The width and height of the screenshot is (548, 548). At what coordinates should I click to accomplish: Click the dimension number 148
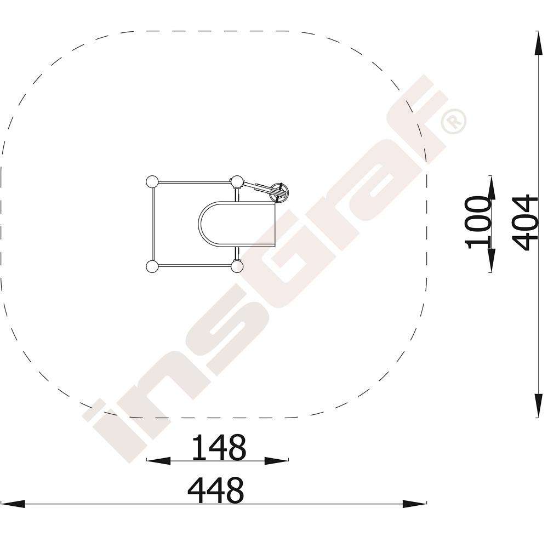tap(219, 447)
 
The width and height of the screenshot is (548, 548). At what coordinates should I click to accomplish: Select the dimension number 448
tap(215, 490)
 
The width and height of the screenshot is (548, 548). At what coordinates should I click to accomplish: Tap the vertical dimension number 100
tap(477, 223)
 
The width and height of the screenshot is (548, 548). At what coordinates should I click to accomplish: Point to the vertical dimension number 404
tap(525, 223)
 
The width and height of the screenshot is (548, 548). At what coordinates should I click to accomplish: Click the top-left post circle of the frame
tap(152, 182)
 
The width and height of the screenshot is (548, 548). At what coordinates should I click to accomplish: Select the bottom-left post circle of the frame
tap(152, 267)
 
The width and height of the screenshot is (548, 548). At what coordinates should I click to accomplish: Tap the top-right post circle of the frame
tap(237, 182)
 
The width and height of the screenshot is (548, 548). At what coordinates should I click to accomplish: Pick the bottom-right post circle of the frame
tap(237, 267)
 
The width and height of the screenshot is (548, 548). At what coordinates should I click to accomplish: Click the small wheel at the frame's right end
tap(279, 192)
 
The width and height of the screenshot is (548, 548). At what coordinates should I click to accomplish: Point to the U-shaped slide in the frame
tap(199, 224)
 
